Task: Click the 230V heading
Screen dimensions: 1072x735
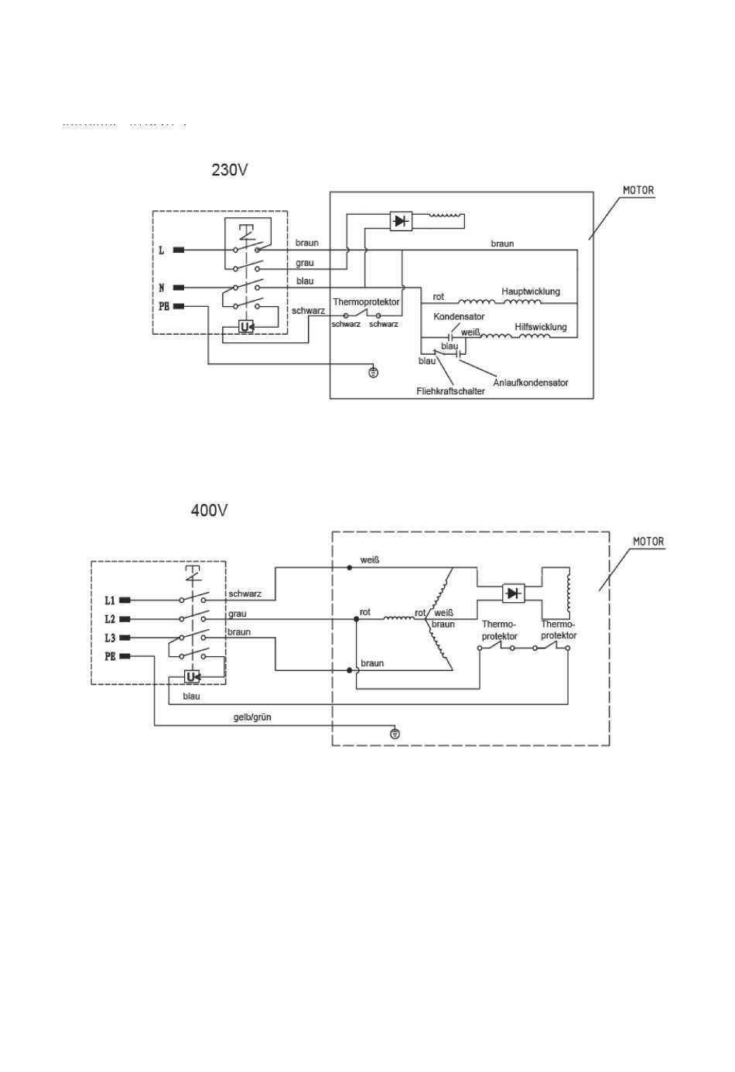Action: point(230,169)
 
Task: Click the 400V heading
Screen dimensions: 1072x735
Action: point(210,511)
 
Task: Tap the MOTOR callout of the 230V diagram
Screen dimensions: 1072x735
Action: point(638,190)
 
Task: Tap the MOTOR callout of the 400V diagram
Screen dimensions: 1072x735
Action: point(648,542)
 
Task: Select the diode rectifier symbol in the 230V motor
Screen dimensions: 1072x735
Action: point(400,221)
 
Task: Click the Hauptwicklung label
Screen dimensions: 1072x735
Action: point(531,291)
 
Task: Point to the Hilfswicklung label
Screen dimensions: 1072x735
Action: point(541,327)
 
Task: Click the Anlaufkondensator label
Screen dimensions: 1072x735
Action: point(531,383)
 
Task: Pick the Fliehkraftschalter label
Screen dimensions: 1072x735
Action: point(450,391)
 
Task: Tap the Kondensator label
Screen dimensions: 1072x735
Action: point(459,317)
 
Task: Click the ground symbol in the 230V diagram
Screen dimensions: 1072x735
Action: point(374,373)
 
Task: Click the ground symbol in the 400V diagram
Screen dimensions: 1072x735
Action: point(395,733)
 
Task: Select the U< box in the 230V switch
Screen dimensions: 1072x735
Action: point(246,327)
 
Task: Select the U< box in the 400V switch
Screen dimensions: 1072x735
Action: point(193,678)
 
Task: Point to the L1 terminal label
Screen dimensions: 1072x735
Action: point(110,601)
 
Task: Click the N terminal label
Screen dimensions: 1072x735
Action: point(162,288)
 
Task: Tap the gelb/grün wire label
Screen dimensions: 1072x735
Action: point(252,717)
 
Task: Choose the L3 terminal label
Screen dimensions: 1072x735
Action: point(110,638)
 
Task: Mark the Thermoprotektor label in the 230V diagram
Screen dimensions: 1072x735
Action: point(366,301)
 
